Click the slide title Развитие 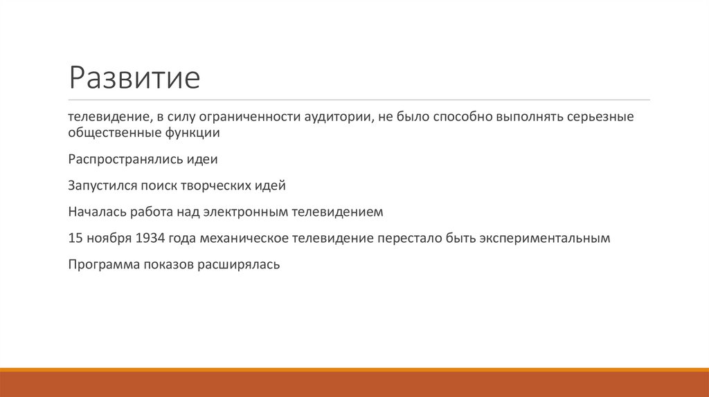[x=134, y=78]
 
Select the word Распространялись [x=124, y=159]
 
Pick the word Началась [x=94, y=212]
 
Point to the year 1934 [x=150, y=238]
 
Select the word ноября [x=109, y=238]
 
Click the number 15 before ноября [x=75, y=238]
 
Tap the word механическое [x=240, y=238]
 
